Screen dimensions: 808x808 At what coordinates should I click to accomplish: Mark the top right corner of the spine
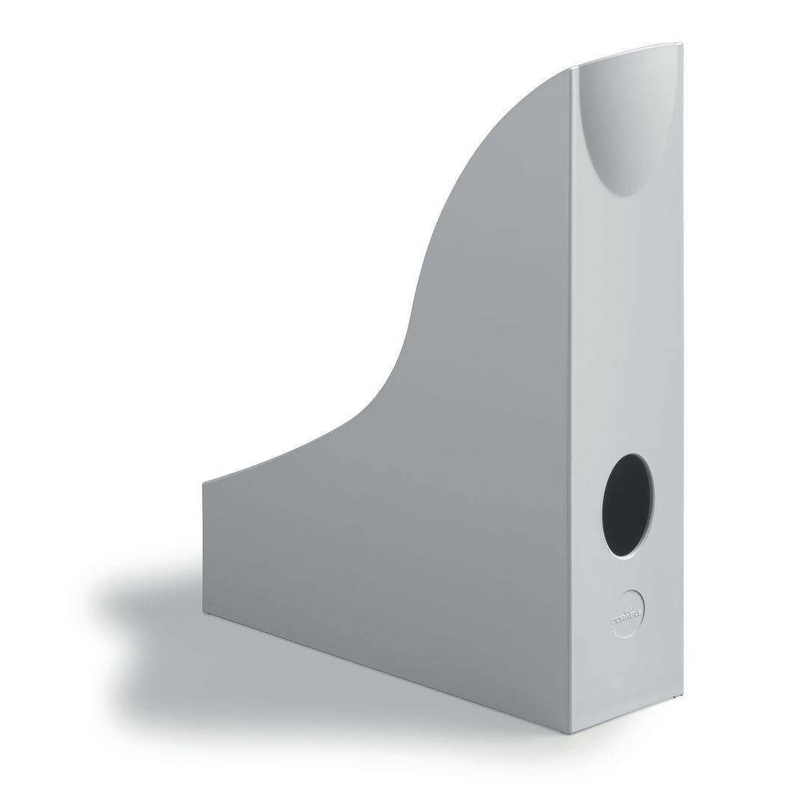coord(682,43)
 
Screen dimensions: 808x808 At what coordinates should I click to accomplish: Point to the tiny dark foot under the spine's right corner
coord(679,700)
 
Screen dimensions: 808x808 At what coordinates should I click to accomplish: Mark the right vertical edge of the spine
coord(682,374)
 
